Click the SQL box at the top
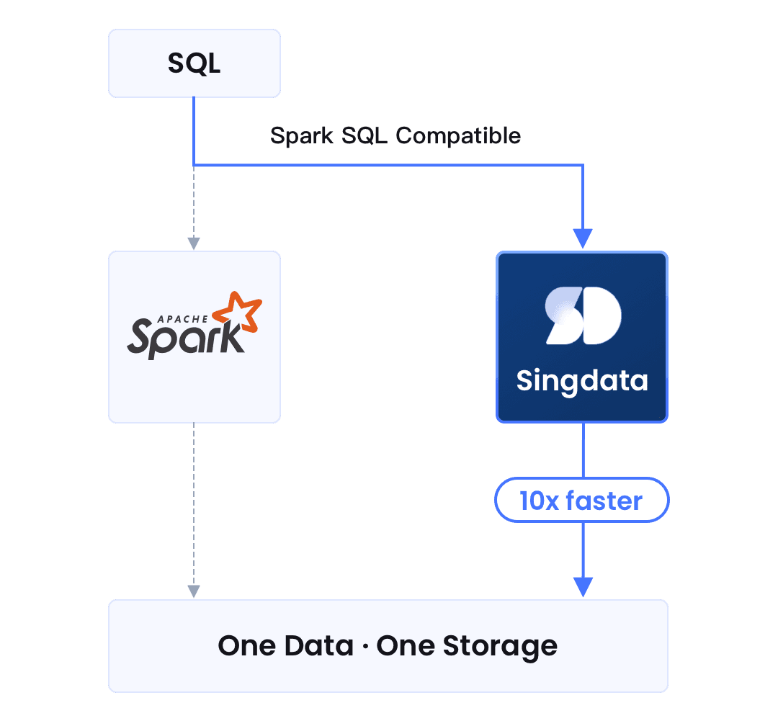click(194, 63)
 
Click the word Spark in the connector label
click(301, 135)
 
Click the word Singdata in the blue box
click(582, 380)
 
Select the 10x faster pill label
click(581, 500)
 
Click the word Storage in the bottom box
click(500, 645)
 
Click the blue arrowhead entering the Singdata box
click(582, 238)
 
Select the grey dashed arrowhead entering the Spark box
click(193, 243)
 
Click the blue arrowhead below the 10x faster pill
click(582, 586)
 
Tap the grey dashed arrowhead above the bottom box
click(193, 591)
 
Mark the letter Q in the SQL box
click(194, 64)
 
